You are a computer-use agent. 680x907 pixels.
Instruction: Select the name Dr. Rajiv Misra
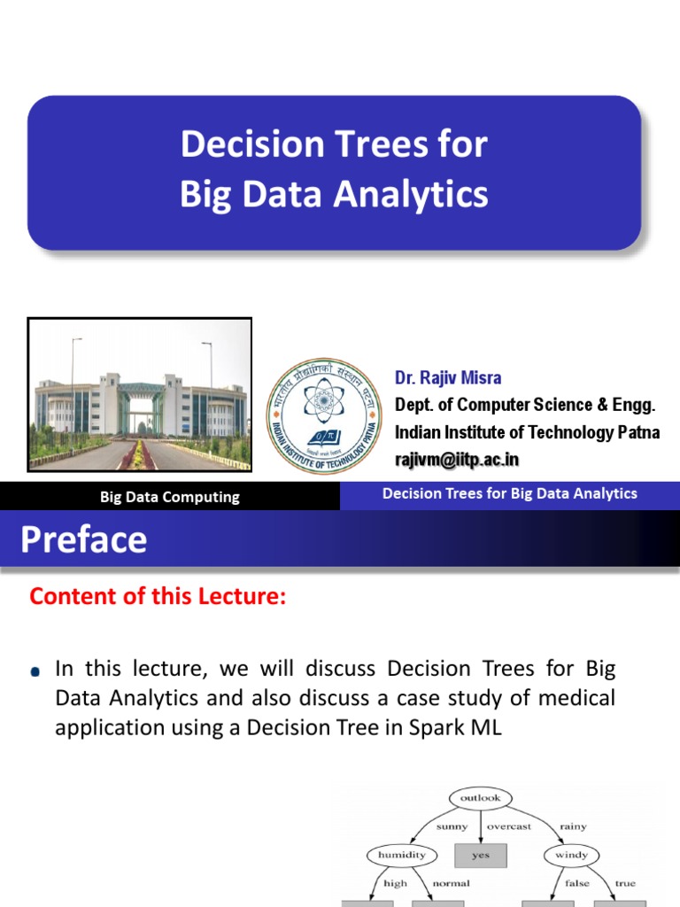(448, 378)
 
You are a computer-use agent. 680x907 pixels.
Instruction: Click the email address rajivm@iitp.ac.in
(457, 459)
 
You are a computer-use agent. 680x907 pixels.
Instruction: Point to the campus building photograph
(140, 394)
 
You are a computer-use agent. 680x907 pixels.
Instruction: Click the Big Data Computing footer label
(169, 497)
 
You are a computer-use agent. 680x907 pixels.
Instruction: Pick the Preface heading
(84, 539)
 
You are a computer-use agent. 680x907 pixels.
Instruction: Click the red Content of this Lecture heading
(158, 597)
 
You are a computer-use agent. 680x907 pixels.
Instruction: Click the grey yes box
(481, 856)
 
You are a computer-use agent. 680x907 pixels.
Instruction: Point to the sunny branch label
(451, 826)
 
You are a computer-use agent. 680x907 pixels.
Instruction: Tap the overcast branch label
(509, 826)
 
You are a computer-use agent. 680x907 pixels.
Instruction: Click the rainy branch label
(573, 826)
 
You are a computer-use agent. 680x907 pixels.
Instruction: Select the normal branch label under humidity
(451, 883)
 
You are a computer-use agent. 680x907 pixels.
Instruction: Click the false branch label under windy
(577, 883)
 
